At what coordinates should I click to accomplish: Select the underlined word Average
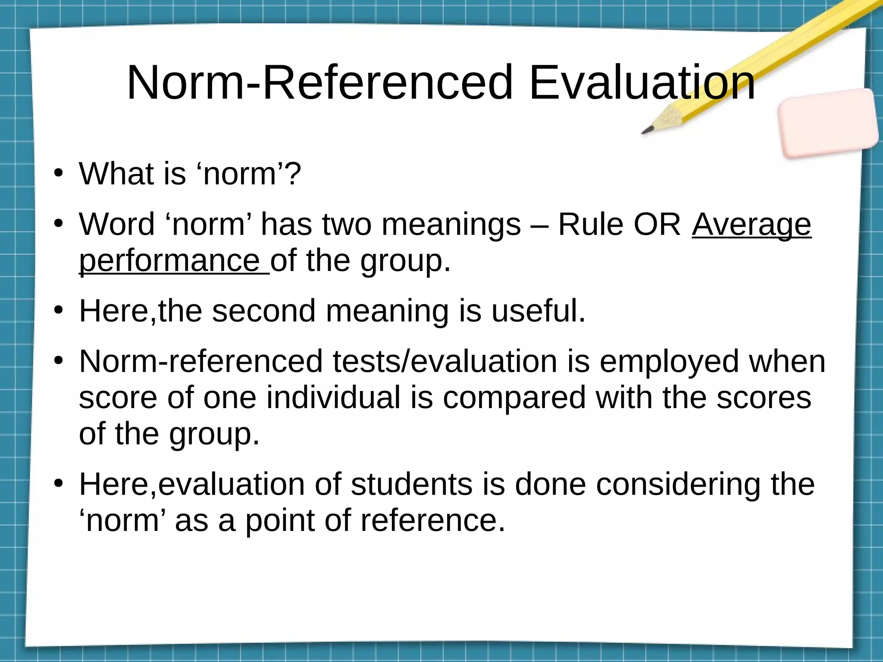(x=751, y=225)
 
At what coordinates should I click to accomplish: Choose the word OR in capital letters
(x=658, y=225)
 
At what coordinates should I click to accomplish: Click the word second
(x=263, y=311)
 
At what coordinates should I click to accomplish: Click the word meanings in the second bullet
(x=451, y=225)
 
